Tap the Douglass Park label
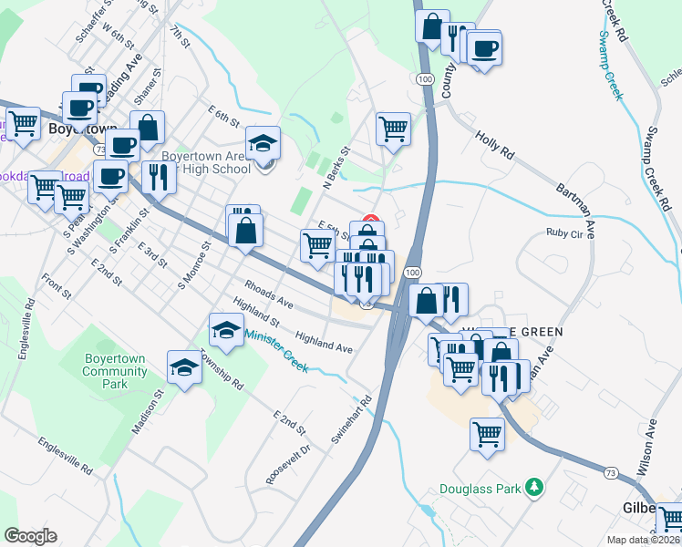[479, 490]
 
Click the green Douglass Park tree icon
[536, 489]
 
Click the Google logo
[31, 536]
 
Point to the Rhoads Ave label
[268, 295]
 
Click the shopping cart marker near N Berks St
[393, 129]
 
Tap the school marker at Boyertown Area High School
[263, 143]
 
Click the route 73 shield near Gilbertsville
[612, 471]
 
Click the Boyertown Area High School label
[205, 162]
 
